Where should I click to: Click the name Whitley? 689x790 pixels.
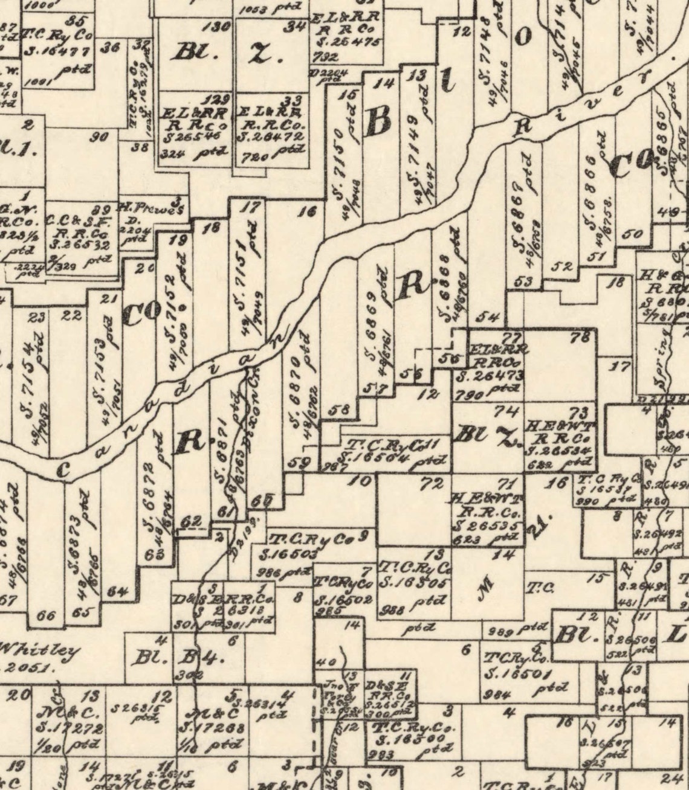tap(40, 652)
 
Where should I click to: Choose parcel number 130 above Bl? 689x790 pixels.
tap(219, 27)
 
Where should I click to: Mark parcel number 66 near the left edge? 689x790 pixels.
tap(46, 616)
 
